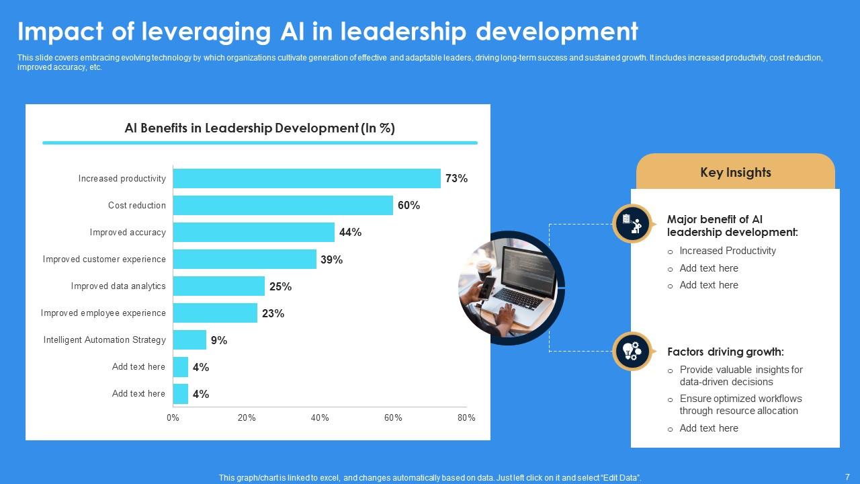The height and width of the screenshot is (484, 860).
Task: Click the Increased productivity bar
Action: (307, 178)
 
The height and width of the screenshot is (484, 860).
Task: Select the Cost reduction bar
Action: (283, 205)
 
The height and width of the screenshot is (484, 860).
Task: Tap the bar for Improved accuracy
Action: (254, 232)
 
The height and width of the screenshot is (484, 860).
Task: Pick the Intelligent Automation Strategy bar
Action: (189, 339)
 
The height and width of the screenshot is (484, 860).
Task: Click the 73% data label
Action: (456, 178)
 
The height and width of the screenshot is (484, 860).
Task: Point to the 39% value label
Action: (332, 259)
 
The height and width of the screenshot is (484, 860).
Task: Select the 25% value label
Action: (280, 286)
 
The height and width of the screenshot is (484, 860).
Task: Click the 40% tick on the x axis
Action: (320, 417)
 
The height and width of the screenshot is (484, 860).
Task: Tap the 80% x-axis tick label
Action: (466, 417)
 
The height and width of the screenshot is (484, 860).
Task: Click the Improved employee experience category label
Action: (103, 313)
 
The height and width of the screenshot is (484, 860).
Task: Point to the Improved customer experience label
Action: (104, 259)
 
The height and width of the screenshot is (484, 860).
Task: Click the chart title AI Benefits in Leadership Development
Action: (259, 128)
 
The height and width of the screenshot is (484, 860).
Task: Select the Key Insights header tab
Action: (736, 171)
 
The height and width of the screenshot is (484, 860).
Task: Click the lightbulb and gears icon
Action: (632, 351)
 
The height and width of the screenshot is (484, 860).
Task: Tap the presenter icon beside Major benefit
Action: (632, 224)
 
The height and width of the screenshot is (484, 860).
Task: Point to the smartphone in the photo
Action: (486, 288)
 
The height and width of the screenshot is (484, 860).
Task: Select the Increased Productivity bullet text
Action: (728, 251)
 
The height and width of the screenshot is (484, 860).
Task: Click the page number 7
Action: (847, 477)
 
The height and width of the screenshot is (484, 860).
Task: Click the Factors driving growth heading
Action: (726, 352)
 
